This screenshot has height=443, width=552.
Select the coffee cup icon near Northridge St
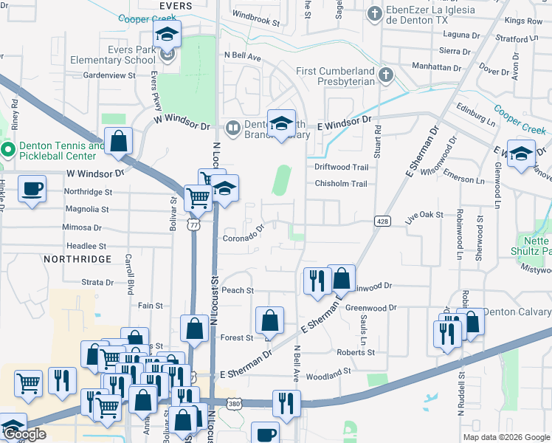coord(32,189)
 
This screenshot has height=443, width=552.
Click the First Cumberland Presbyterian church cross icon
coord(384,74)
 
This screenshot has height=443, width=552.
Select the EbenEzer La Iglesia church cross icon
coord(375,13)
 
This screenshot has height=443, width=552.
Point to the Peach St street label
coord(238,291)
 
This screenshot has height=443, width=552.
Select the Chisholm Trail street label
coord(340,184)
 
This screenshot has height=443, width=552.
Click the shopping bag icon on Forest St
coord(270,320)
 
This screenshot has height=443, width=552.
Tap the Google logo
coord(27,435)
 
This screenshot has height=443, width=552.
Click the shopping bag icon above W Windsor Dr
coord(118,141)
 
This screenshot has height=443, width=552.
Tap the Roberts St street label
coord(356,353)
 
